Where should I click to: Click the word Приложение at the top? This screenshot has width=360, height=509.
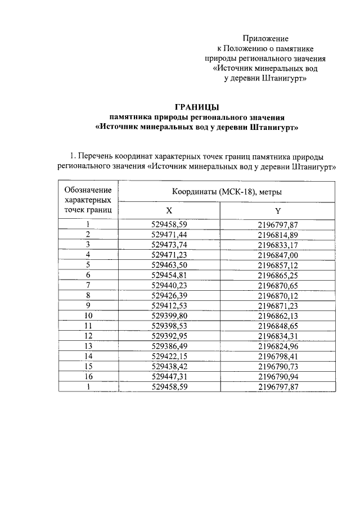(265, 39)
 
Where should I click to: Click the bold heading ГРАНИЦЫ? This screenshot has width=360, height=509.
(196, 107)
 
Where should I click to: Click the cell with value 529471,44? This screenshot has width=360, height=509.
(169, 234)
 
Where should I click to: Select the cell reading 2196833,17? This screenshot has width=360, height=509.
(278, 244)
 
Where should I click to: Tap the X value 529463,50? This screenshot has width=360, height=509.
(169, 264)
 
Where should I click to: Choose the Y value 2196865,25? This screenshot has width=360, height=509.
(278, 274)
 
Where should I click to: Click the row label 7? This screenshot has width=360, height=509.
(88, 285)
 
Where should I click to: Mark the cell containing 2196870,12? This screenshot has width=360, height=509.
(278, 295)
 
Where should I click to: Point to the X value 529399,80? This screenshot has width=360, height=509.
(169, 316)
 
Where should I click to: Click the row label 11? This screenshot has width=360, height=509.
(88, 326)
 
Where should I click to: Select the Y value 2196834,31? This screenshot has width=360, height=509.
(278, 336)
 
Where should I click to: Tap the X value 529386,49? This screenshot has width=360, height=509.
(169, 346)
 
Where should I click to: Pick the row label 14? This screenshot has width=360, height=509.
(88, 357)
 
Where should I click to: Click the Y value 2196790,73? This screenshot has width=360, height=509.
(278, 367)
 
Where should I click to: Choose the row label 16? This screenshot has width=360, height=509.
(88, 377)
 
